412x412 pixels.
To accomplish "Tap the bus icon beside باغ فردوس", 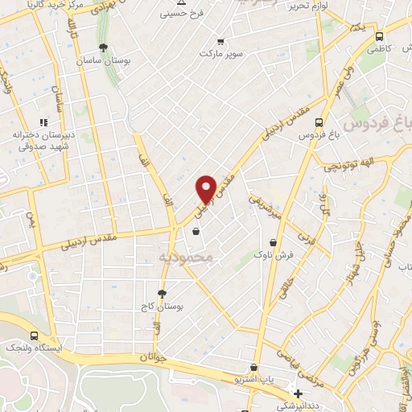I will click(x=319, y=123).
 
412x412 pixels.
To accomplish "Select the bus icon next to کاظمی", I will click(x=380, y=35).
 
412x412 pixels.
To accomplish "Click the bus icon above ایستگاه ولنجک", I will click(x=34, y=336).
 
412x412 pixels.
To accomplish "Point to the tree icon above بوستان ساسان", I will click(x=102, y=46).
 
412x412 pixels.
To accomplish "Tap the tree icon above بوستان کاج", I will click(x=162, y=294).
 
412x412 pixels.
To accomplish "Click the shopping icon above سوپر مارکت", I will click(x=220, y=41).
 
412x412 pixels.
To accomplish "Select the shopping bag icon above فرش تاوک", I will click(x=274, y=242).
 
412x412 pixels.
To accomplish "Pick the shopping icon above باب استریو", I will click(x=255, y=367).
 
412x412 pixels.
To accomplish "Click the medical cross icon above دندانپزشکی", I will click(x=299, y=394).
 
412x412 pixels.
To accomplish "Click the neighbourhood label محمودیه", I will click(x=186, y=257).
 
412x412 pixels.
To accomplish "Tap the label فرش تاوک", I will click(x=274, y=254).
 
